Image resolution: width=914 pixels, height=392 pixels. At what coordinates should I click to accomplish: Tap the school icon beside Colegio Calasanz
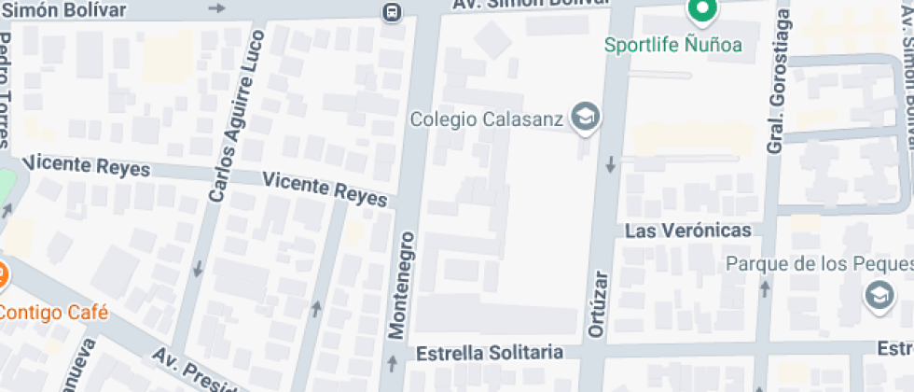pyautogui.click(x=587, y=117)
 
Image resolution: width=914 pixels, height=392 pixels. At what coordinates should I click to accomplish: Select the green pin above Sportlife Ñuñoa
pyautogui.click(x=699, y=11)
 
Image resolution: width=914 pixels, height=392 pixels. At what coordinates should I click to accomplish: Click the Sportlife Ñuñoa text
pyautogui.click(x=672, y=44)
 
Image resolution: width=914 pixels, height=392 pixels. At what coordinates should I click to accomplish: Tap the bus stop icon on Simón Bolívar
pyautogui.click(x=393, y=12)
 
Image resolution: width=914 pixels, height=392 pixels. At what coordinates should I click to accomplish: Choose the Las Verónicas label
pyautogui.click(x=687, y=231)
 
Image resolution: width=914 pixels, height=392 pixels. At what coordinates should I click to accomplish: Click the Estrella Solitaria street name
pyautogui.click(x=490, y=353)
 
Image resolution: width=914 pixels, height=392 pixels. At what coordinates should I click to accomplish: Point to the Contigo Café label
pyautogui.click(x=53, y=312)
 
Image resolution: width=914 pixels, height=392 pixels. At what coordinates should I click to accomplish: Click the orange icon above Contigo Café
pyautogui.click(x=2, y=275)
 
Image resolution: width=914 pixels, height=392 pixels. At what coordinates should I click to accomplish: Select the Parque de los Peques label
pyautogui.click(x=819, y=263)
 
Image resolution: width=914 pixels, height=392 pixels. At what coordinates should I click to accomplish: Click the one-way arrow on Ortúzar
pyautogui.click(x=612, y=165)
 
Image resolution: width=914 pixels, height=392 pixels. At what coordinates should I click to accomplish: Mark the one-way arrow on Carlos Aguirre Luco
pyautogui.click(x=198, y=270)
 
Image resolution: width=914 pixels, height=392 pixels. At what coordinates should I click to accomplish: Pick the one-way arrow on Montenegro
pyautogui.click(x=393, y=359)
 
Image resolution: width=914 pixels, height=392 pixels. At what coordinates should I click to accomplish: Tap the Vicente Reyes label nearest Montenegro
pyautogui.click(x=325, y=189)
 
